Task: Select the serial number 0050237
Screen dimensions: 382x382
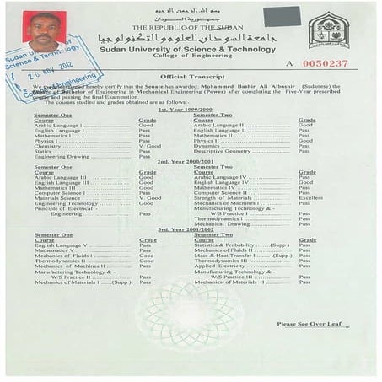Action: click(x=323, y=63)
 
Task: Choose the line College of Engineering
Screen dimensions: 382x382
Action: click(x=183, y=58)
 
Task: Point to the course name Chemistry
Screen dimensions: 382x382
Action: click(x=49, y=145)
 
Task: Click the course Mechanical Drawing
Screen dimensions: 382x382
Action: click(x=223, y=223)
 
